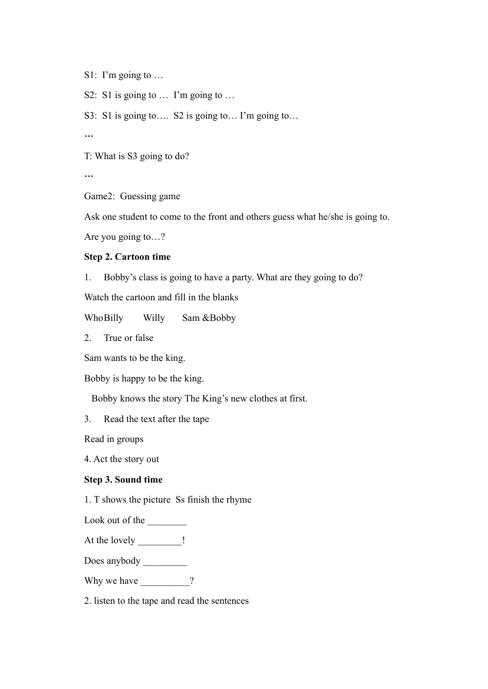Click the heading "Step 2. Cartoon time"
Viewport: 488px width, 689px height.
point(127,257)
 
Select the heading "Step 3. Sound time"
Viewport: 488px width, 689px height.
point(123,480)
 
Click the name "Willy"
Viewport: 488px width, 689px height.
point(154,318)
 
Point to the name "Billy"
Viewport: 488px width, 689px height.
point(114,318)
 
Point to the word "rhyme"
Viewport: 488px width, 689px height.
point(239,500)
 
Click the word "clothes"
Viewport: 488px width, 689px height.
point(264,398)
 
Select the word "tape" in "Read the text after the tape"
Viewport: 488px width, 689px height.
point(200,419)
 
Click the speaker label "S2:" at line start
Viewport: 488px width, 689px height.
point(90,95)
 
